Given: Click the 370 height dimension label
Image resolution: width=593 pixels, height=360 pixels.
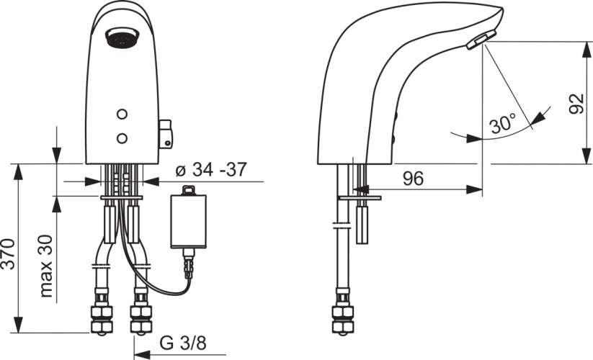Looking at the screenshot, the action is click(8, 254).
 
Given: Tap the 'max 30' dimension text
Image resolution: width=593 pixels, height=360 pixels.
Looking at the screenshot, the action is click(46, 266).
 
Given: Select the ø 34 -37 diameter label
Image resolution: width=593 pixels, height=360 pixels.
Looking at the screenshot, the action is click(211, 170).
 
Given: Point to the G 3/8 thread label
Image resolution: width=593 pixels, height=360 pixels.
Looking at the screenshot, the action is click(183, 343).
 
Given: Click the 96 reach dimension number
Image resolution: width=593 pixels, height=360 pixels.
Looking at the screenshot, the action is click(413, 179).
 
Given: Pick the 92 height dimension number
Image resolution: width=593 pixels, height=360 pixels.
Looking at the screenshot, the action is click(577, 104).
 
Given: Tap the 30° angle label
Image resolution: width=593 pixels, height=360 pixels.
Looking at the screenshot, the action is click(503, 123).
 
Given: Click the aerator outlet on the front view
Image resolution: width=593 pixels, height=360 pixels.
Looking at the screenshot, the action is click(123, 37).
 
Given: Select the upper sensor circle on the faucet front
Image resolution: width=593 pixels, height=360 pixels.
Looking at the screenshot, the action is click(122, 114).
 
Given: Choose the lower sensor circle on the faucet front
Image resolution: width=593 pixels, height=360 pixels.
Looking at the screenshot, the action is click(122, 139).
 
